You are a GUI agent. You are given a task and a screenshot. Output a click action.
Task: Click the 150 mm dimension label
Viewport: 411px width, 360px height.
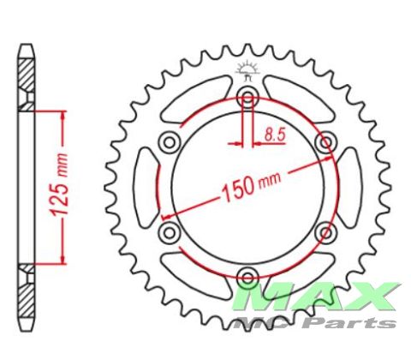251,186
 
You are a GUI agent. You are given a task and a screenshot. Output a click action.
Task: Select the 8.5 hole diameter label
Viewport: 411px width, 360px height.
275,135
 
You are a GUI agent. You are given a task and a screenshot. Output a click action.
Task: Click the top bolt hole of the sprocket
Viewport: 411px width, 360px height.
247,98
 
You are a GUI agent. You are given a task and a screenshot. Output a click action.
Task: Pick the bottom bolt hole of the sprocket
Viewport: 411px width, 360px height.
247,276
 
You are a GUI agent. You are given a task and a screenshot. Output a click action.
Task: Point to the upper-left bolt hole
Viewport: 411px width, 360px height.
170,142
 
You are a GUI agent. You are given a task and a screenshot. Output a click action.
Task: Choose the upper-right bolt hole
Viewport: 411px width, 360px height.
325,142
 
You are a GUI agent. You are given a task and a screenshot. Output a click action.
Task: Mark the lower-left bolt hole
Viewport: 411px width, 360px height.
170,232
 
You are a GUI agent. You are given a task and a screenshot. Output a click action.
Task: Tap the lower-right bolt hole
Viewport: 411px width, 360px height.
325,232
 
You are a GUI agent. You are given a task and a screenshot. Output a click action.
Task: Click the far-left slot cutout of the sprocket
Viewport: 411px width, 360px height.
146,187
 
